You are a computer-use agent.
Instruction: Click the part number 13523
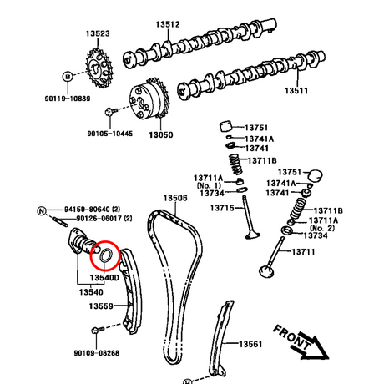pyautogui.click(x=98, y=33)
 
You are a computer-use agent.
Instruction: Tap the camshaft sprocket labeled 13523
pyautogui.click(x=99, y=68)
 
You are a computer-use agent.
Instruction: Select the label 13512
pyautogui.click(x=168, y=24)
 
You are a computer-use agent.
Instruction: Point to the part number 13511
pyautogui.click(x=296, y=91)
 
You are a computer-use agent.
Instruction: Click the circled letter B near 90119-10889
pyautogui.click(x=68, y=77)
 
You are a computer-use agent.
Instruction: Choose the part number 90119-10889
pyautogui.click(x=68, y=99)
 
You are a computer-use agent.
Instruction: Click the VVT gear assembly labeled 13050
pyautogui.click(x=149, y=99)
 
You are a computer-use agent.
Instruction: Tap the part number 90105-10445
pyautogui.click(x=110, y=134)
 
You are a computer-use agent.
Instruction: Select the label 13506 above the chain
pyautogui.click(x=175, y=198)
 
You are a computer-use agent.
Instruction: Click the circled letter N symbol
pyautogui.click(x=42, y=211)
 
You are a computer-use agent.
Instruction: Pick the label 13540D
pyautogui.click(x=104, y=278)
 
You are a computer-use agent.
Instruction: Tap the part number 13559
pyautogui.click(x=101, y=306)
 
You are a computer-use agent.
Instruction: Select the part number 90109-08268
pyautogui.click(x=97, y=353)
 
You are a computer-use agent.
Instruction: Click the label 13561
pyautogui.click(x=250, y=345)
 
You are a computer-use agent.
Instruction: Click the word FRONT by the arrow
pyautogui.click(x=291, y=337)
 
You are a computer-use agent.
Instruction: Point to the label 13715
pyautogui.click(x=222, y=208)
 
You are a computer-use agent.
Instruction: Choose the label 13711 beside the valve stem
pyautogui.click(x=303, y=252)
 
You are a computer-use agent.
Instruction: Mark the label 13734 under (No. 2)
pyautogui.click(x=316, y=235)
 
